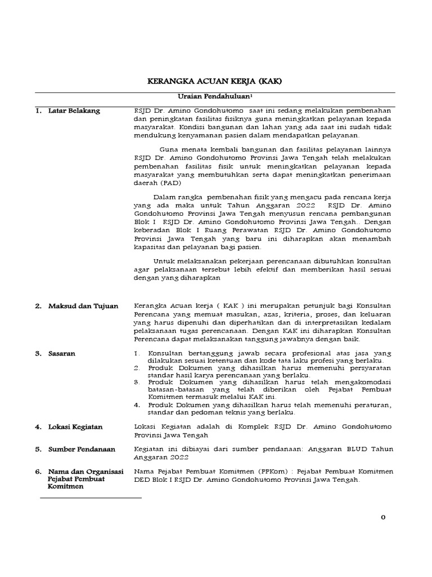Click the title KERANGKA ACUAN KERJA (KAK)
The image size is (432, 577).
pos(214,82)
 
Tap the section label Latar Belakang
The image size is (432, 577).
pos(74,111)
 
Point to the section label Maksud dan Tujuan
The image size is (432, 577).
pos(83,306)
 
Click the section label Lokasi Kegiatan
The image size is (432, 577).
pos(75,427)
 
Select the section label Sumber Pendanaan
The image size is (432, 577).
pos(82,449)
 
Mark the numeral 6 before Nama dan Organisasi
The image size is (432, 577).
pos(38,471)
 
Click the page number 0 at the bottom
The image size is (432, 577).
pos(383,518)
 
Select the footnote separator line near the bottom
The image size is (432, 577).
pos(90,498)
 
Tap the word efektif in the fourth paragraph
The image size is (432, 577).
pos(274,269)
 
